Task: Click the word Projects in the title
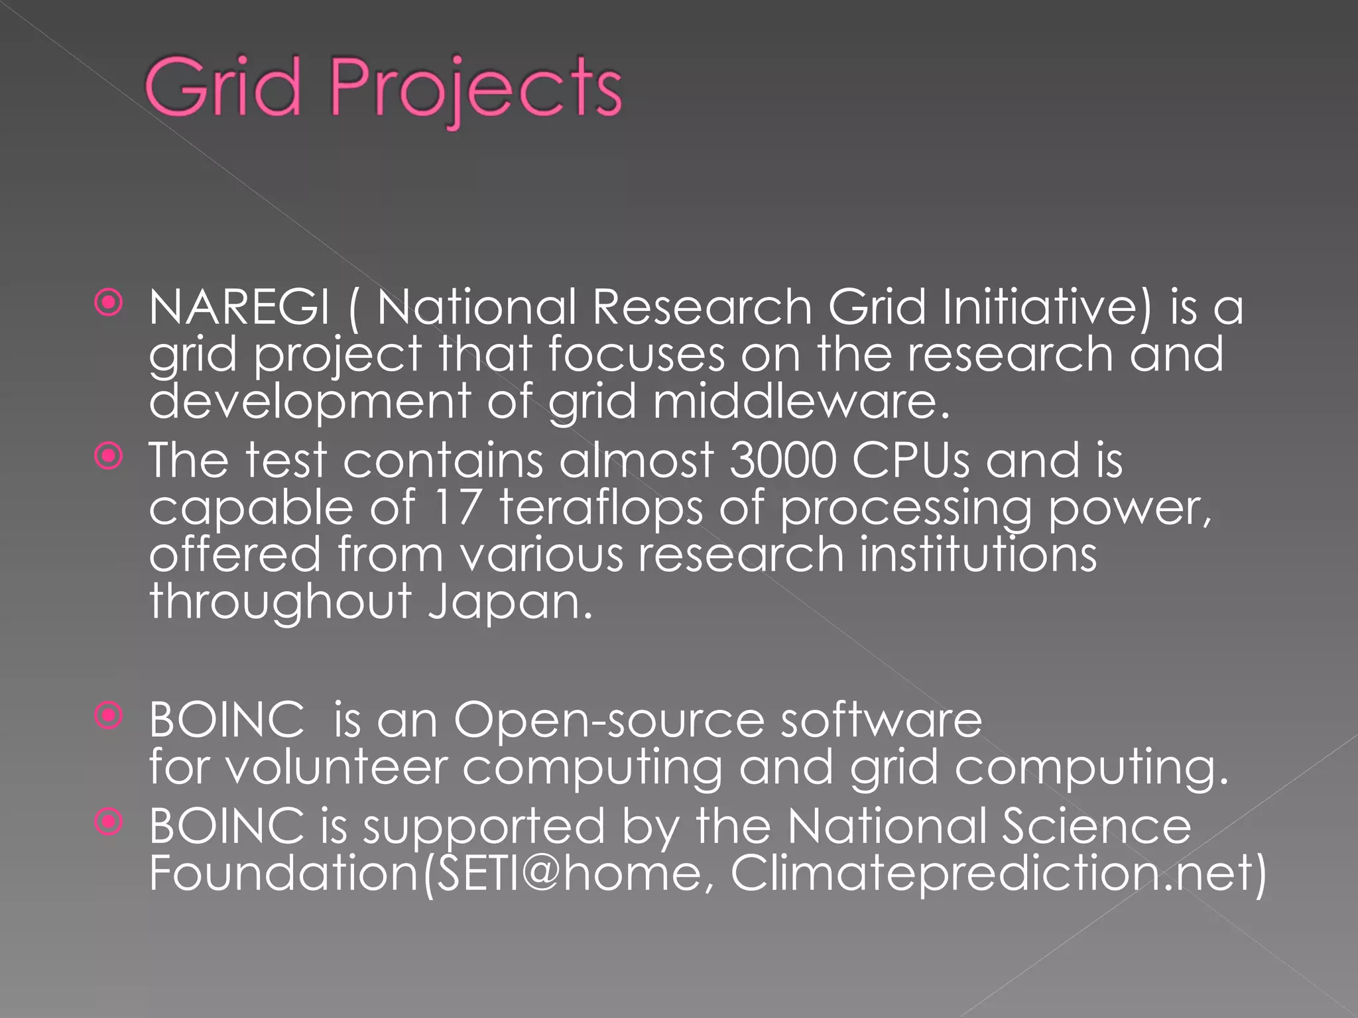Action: point(475,90)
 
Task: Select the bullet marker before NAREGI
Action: point(109,304)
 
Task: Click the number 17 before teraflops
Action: point(456,507)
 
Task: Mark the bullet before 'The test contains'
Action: point(109,456)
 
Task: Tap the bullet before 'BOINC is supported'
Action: point(109,822)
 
